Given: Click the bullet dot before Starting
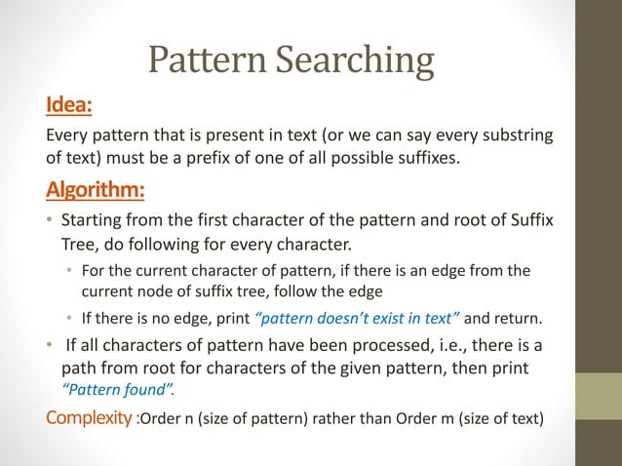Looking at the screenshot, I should [50, 220].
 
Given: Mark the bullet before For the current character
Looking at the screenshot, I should [69, 271].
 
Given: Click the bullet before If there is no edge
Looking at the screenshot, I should [69, 317].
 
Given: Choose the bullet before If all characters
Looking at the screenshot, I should [50, 347].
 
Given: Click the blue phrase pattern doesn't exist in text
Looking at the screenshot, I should [362, 317].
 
